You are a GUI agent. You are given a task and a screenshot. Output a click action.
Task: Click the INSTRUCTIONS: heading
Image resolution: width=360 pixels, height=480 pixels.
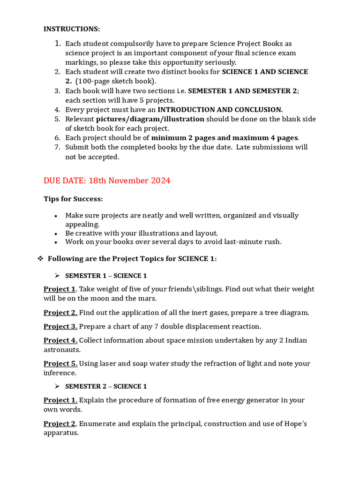pos(72,29)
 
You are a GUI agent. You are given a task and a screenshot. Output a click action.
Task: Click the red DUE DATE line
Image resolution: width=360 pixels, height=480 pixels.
pos(107,180)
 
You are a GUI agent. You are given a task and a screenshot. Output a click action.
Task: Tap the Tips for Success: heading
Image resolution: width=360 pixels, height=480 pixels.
pos(73,199)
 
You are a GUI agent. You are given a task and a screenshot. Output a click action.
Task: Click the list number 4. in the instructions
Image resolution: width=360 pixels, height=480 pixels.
pos(57,109)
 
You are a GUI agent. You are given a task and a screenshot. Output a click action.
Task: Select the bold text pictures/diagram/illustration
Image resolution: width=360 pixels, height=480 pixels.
pos(150,119)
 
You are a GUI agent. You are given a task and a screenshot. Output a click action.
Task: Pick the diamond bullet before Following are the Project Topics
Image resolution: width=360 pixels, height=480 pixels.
pos(40,259)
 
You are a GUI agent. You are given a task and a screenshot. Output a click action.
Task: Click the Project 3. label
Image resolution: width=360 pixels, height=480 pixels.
pos(60,326)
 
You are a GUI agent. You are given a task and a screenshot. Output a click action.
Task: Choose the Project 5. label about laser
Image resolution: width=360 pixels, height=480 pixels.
pos(60,363)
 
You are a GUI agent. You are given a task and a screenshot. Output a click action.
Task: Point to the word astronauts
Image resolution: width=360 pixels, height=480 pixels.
pos(62,350)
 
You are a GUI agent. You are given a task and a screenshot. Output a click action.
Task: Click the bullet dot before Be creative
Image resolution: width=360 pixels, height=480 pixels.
pos(56,233)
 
